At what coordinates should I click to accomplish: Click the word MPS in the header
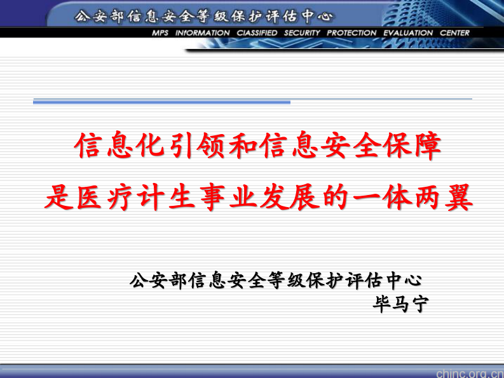(x=160, y=33)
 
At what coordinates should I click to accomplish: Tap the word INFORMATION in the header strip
(x=203, y=33)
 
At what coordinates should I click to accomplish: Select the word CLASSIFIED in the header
(x=257, y=33)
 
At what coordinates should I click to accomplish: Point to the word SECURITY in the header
(x=302, y=33)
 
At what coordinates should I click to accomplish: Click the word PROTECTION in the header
(x=351, y=33)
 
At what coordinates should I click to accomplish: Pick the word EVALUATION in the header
(x=407, y=33)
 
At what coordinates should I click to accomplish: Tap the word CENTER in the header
(x=454, y=33)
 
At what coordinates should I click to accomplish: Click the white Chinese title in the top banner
(x=203, y=16)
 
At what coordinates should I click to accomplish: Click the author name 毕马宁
(x=400, y=305)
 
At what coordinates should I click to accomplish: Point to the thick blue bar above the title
(x=161, y=102)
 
